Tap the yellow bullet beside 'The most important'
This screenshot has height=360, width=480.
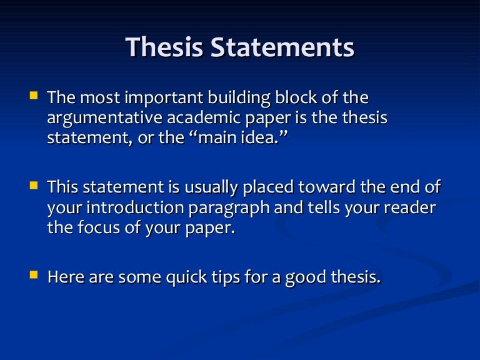point(34,97)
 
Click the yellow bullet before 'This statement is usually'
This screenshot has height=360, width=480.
point(34,186)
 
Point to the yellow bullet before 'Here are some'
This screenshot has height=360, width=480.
point(34,274)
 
